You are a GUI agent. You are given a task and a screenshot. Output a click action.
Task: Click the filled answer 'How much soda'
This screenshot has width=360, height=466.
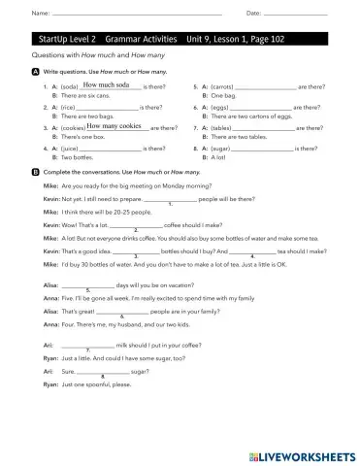[x=108, y=85]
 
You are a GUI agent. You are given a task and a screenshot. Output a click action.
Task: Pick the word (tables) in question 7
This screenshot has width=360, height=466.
[x=220, y=127]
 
